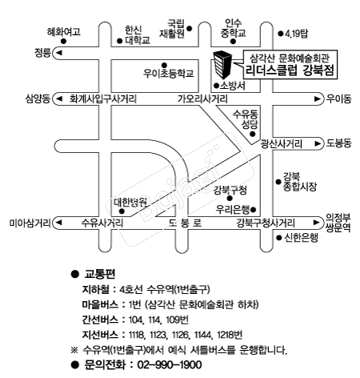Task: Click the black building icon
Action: coord(222,64)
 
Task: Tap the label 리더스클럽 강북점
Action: coord(290,70)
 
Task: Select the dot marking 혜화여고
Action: coord(63,42)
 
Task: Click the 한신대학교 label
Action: coord(138,35)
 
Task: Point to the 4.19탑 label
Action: coord(296,34)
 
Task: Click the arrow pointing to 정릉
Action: coord(59,53)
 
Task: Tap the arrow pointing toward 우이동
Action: coord(317,99)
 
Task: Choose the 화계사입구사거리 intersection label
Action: coord(103,99)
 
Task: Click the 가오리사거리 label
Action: coord(202,99)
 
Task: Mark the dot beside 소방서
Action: coord(216,86)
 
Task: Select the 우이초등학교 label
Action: coord(169,74)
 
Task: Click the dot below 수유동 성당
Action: coord(252,134)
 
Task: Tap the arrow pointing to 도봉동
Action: coord(318,143)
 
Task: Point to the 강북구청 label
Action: coord(230,190)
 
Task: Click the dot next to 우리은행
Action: coord(254,210)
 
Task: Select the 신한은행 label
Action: coord(301,237)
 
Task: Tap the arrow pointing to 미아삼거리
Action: coord(59,223)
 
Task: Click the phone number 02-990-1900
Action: coord(170,364)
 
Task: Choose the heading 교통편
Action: coord(100,274)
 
